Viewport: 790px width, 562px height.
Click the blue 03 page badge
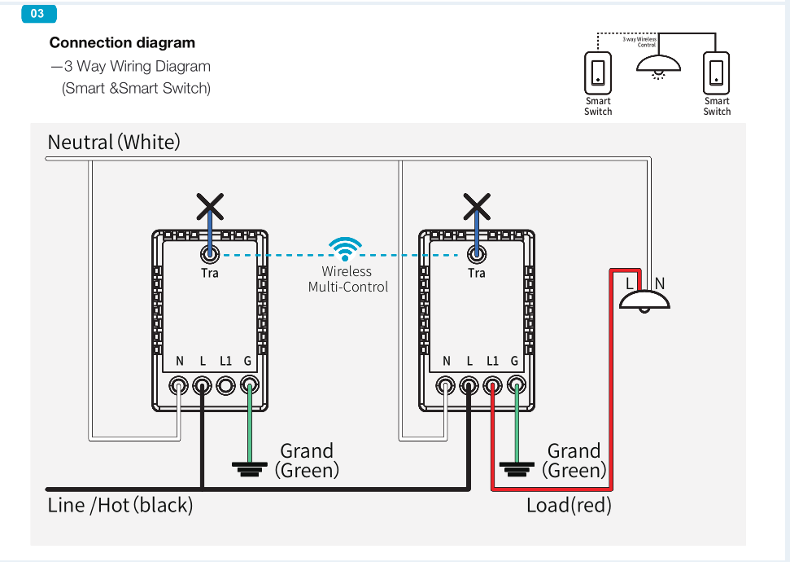(38, 14)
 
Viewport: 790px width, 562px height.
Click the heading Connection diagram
(122, 43)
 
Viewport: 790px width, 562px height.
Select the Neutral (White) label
(114, 143)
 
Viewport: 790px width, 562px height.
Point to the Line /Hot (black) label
(120, 505)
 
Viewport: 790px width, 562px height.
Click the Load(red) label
(569, 505)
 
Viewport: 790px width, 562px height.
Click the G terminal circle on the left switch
(250, 385)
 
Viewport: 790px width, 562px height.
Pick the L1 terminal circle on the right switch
(492, 385)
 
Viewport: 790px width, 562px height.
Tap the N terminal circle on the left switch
(179, 385)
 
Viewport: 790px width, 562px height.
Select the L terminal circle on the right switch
(469, 385)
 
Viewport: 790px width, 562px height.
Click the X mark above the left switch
(210, 207)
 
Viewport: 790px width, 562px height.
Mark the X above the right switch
(477, 207)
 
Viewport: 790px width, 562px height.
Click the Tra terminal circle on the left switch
(210, 253)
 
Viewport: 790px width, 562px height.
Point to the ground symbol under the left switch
(250, 468)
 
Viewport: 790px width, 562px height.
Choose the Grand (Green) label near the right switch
(574, 460)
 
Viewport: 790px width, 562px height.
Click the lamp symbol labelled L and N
(644, 300)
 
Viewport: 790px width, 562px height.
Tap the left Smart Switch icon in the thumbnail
(598, 72)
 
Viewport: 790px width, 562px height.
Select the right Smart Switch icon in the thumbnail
(717, 72)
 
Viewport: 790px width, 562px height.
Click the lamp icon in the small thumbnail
(657, 65)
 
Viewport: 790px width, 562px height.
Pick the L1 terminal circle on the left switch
(226, 385)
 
